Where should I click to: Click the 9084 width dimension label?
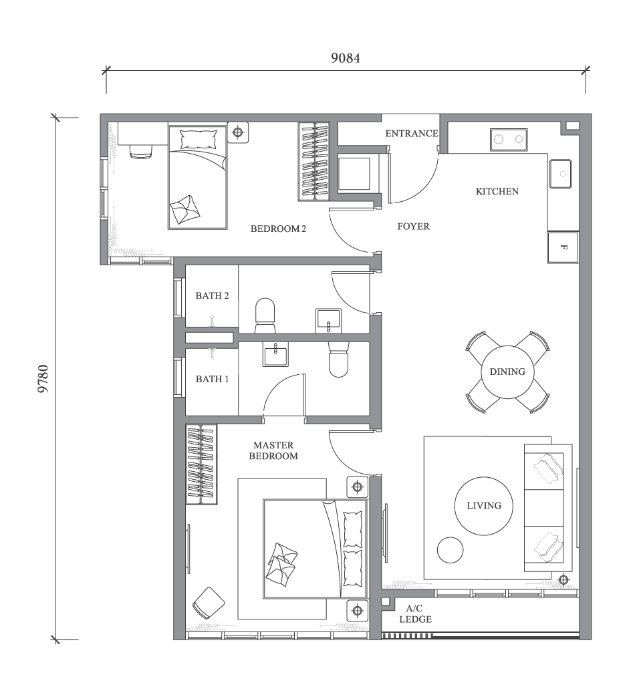coord(346,57)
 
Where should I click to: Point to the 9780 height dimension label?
coord(43,378)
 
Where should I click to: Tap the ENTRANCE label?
coord(411,134)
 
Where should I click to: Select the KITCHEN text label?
coord(497,192)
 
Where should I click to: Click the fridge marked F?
coord(563,248)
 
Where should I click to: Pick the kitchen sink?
coord(560,173)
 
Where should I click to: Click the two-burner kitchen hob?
coord(507,139)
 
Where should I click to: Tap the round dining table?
coord(507,372)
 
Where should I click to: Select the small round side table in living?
coord(450,550)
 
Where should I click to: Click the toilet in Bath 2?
coord(265,314)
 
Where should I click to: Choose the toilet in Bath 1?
coord(339,361)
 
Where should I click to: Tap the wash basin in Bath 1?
coord(275,355)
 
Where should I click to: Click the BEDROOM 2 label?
coord(278,229)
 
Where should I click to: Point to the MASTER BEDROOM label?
coord(274,450)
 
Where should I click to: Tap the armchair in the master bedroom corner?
coord(207,603)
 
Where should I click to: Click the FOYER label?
coord(413,227)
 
